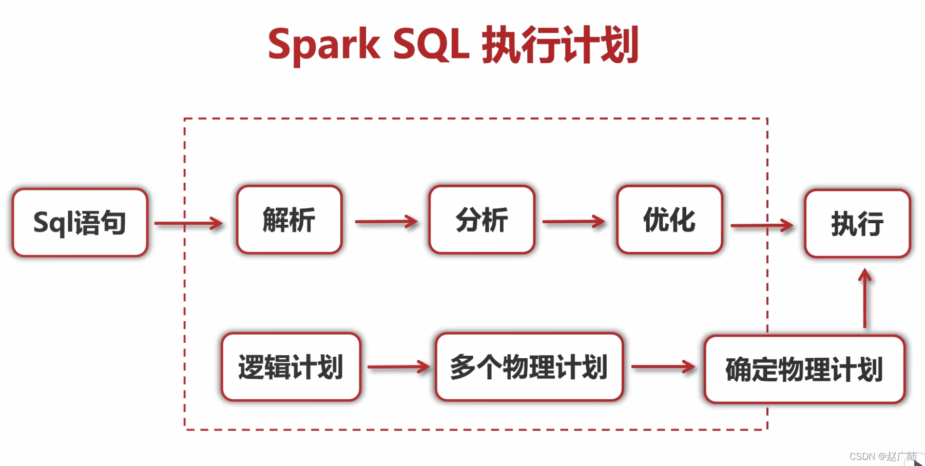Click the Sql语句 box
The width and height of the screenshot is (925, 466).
point(80,223)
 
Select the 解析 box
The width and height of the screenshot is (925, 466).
point(289,220)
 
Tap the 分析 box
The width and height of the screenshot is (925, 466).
point(481,220)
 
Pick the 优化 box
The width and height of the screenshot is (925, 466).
point(669,220)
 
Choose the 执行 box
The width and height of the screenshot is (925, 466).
point(857,224)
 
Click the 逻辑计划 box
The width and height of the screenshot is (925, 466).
point(291,367)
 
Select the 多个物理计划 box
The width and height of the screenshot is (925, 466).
point(529,367)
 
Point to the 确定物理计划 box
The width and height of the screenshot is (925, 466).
point(804,370)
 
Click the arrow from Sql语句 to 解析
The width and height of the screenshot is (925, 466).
point(188,223)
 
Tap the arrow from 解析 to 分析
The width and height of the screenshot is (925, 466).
point(386,222)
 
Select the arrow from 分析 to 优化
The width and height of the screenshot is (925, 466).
point(574,222)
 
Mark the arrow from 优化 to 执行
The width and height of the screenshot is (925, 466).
point(762,225)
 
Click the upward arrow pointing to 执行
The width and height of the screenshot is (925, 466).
point(865,298)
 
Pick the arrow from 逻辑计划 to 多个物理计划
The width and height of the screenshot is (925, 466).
point(398,366)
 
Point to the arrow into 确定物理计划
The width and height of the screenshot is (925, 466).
point(663,366)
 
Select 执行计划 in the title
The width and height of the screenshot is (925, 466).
point(560,45)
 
